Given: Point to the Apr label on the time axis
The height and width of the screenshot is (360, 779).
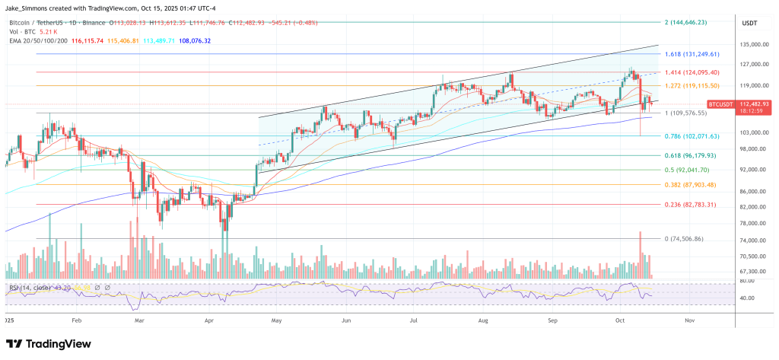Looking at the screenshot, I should [210, 321].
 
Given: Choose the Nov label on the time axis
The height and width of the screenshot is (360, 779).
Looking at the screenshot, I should [688, 321].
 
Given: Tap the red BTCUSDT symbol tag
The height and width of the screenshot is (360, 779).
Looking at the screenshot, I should [719, 104].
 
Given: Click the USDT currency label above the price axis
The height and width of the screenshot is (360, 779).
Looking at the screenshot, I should [749, 24].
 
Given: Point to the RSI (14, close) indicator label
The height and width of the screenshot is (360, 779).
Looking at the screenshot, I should [37, 288].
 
